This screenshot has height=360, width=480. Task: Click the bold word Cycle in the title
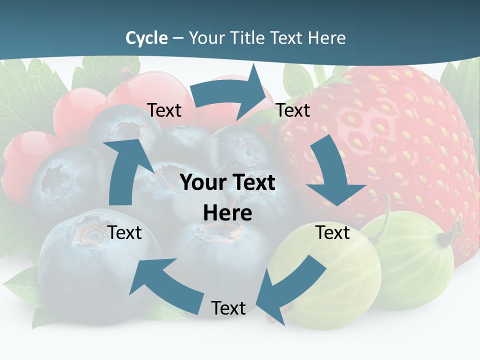point(146,38)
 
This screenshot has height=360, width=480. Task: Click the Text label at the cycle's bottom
point(228,308)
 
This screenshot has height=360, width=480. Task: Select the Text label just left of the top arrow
point(164,110)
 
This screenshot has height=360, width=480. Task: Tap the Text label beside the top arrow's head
point(293,110)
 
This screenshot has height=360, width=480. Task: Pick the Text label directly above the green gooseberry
point(332,232)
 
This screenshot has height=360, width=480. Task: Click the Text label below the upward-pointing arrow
point(125,232)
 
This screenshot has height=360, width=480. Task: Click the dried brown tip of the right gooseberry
point(456,231)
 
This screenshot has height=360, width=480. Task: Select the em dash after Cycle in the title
point(178,38)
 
